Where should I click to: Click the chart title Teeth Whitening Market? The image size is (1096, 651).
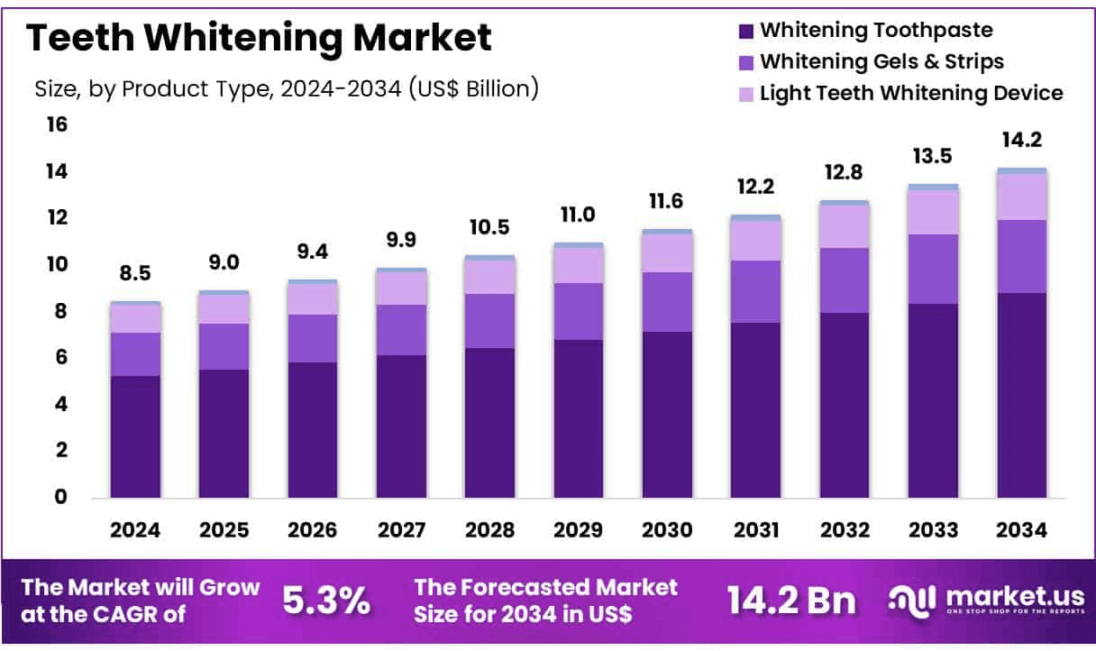click(x=259, y=39)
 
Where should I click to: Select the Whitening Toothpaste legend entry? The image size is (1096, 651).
click(x=876, y=30)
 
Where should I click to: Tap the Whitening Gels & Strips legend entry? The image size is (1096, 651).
click(x=881, y=61)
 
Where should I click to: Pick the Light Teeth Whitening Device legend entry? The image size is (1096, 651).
click(x=911, y=93)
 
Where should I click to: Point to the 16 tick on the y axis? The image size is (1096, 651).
click(x=57, y=124)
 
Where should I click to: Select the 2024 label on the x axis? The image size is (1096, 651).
click(x=135, y=530)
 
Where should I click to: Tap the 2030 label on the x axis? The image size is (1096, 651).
click(x=668, y=530)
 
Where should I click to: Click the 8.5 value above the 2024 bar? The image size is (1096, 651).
click(x=135, y=272)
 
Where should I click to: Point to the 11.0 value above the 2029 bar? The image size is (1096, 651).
click(x=579, y=215)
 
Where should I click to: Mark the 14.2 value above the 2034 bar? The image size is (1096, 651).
click(x=1022, y=140)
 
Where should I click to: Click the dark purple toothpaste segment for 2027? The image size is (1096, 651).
click(x=401, y=426)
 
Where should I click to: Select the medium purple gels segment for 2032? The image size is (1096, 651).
click(x=845, y=280)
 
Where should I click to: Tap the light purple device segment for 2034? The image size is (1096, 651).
click(x=1022, y=197)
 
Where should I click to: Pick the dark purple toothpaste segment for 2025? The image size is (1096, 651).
click(x=224, y=433)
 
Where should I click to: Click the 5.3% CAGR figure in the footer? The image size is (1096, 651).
click(x=326, y=601)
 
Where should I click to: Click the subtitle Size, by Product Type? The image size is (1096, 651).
click(x=287, y=88)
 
